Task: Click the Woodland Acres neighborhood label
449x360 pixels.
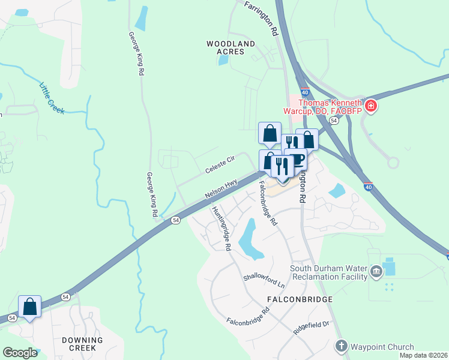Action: click(231, 47)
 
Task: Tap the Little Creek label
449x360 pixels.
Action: click(52, 97)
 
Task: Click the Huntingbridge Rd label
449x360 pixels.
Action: click(221, 228)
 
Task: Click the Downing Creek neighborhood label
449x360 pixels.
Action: click(83, 344)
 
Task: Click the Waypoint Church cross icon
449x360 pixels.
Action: click(341, 346)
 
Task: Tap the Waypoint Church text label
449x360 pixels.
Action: click(382, 347)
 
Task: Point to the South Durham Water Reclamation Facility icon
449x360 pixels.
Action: click(376, 272)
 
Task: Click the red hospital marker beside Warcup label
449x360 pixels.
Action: click(371, 107)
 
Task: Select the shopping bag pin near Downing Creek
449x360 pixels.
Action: click(29, 307)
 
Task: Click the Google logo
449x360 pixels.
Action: click(20, 353)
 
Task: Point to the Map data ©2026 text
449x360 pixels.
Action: click(424, 355)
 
